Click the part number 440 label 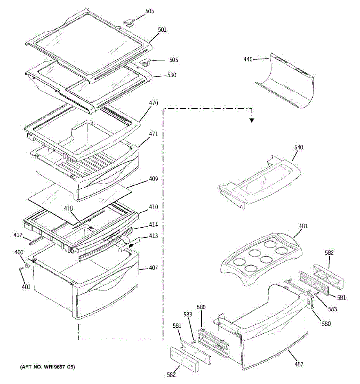(248, 59)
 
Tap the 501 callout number (162, 30)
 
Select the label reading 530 (172, 76)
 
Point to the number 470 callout (153, 104)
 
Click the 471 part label (153, 134)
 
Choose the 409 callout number (153, 179)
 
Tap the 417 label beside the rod (18, 236)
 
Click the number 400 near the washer (19, 253)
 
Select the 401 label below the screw (26, 287)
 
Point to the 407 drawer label (153, 268)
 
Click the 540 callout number (299, 148)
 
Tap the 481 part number (303, 226)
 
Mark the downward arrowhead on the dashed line (252, 120)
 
